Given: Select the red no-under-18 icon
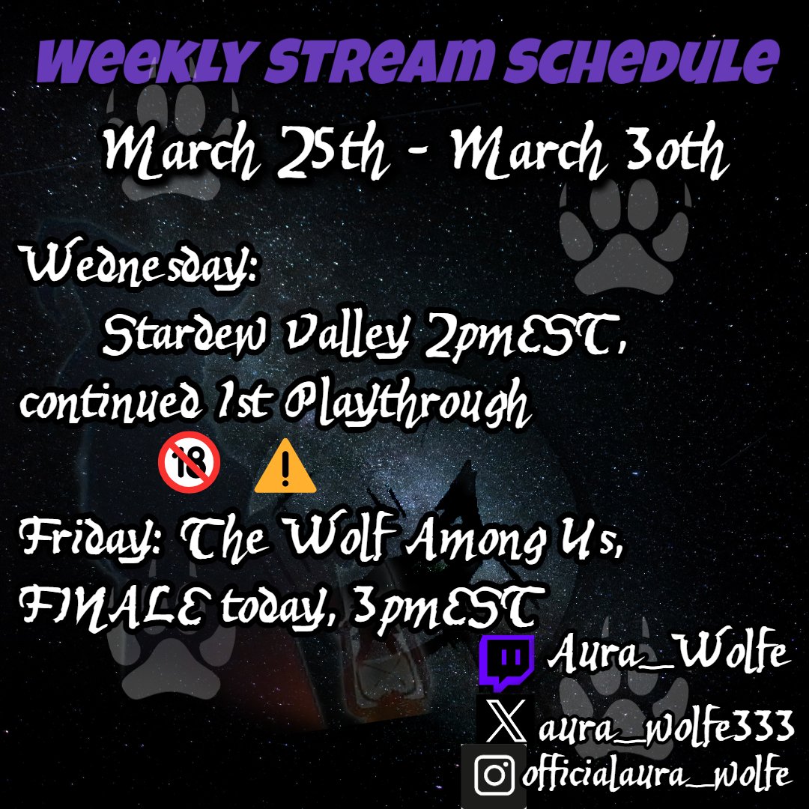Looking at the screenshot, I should coord(189,466).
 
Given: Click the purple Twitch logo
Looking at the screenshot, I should coord(507,662).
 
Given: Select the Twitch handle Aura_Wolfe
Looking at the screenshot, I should coord(667,656).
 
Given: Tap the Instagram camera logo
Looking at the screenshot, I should coord(494,775).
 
